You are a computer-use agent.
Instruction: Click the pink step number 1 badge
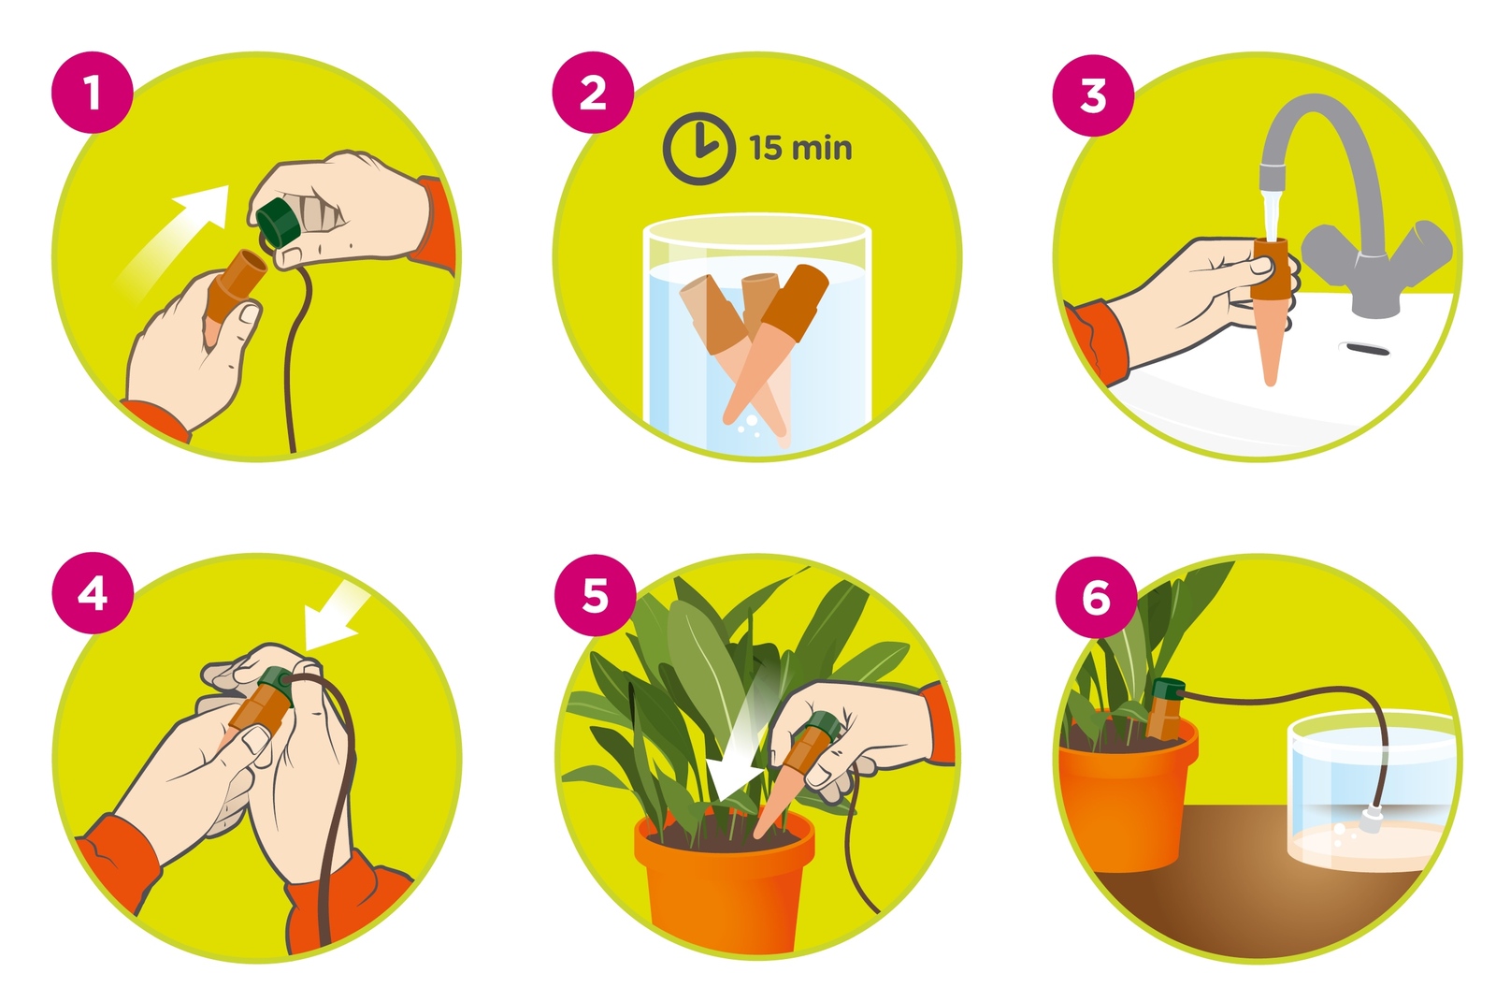[x=92, y=92]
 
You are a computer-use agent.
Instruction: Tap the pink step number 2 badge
[x=593, y=92]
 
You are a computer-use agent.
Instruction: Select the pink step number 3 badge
[x=1093, y=94]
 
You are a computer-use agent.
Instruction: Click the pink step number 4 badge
[x=92, y=593]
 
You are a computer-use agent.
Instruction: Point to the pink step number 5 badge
[x=595, y=594]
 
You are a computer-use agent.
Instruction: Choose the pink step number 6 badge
[x=1096, y=596]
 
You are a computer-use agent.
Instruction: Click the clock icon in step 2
[x=698, y=149]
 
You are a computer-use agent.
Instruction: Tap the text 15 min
[x=800, y=148]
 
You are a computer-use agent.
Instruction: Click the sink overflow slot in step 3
[x=1367, y=347]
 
